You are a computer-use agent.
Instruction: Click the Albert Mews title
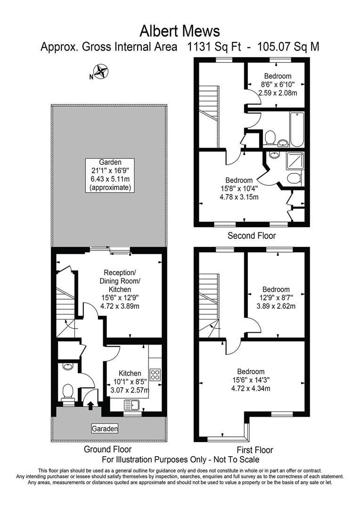click(180, 31)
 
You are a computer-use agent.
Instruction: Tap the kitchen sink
click(132, 404)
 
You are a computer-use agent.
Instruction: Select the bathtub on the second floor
click(297, 129)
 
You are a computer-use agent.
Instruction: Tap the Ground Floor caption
click(108, 449)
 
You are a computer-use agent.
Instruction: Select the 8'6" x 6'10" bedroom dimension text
click(278, 84)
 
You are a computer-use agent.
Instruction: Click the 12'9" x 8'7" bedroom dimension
click(276, 298)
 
